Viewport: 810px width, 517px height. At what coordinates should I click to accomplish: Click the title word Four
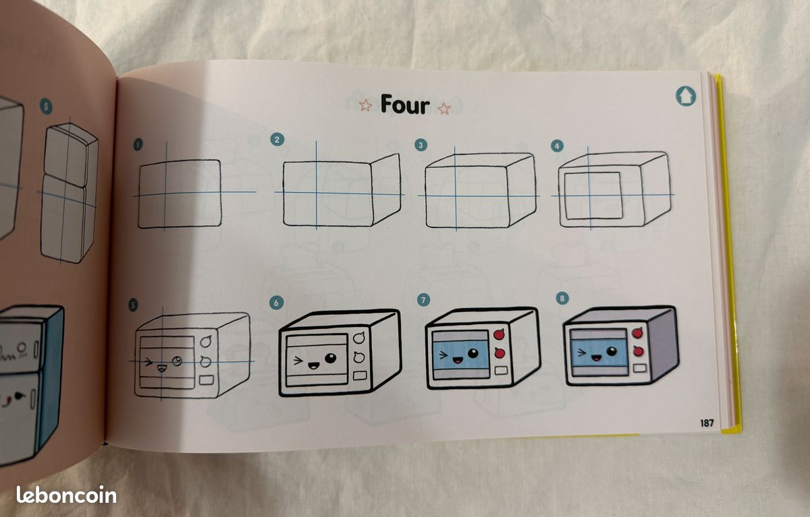click(405, 104)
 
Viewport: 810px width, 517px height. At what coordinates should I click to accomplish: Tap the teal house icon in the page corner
click(685, 96)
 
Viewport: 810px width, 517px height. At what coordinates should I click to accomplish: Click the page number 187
click(707, 423)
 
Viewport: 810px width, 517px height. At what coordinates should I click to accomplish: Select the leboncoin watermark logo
click(67, 495)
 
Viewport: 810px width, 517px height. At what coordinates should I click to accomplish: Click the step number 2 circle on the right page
click(277, 140)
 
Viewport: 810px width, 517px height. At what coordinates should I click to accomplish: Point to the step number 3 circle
click(421, 145)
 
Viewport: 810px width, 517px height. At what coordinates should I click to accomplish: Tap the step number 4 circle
click(557, 146)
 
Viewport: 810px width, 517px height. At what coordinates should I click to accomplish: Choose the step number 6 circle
click(276, 303)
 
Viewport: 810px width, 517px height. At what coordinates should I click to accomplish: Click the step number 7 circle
click(423, 300)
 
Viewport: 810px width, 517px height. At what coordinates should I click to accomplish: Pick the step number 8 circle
click(562, 298)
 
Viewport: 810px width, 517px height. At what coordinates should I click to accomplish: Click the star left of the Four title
click(365, 105)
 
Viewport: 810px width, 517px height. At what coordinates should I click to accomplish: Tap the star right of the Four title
click(444, 109)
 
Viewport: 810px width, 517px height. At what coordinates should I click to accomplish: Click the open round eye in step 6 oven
click(331, 358)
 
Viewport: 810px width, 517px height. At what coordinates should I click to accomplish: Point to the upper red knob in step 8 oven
click(637, 332)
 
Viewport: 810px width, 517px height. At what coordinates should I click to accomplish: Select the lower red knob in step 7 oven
click(500, 353)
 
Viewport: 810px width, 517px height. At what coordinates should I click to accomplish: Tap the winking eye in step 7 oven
click(443, 355)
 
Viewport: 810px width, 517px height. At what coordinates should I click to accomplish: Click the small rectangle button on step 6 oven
click(360, 375)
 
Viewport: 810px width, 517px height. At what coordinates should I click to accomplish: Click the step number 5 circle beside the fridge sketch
click(46, 107)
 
